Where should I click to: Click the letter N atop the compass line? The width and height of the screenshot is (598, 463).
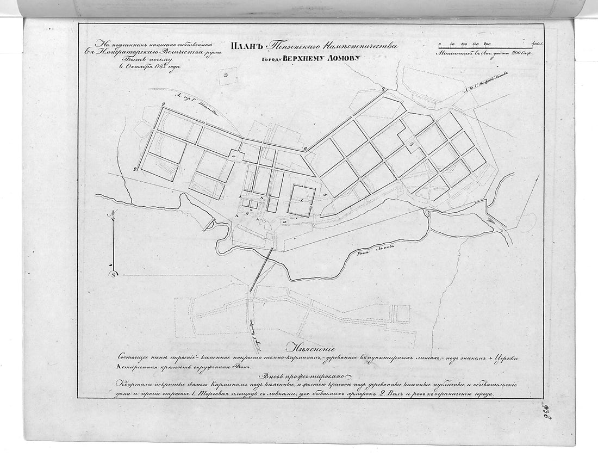click(x=111, y=214)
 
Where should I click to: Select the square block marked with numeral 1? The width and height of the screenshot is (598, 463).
click(x=302, y=201)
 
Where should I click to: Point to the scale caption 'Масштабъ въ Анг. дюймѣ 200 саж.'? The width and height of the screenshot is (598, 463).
click(x=477, y=54)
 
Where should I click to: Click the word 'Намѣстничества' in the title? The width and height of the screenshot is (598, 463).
click(x=359, y=47)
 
